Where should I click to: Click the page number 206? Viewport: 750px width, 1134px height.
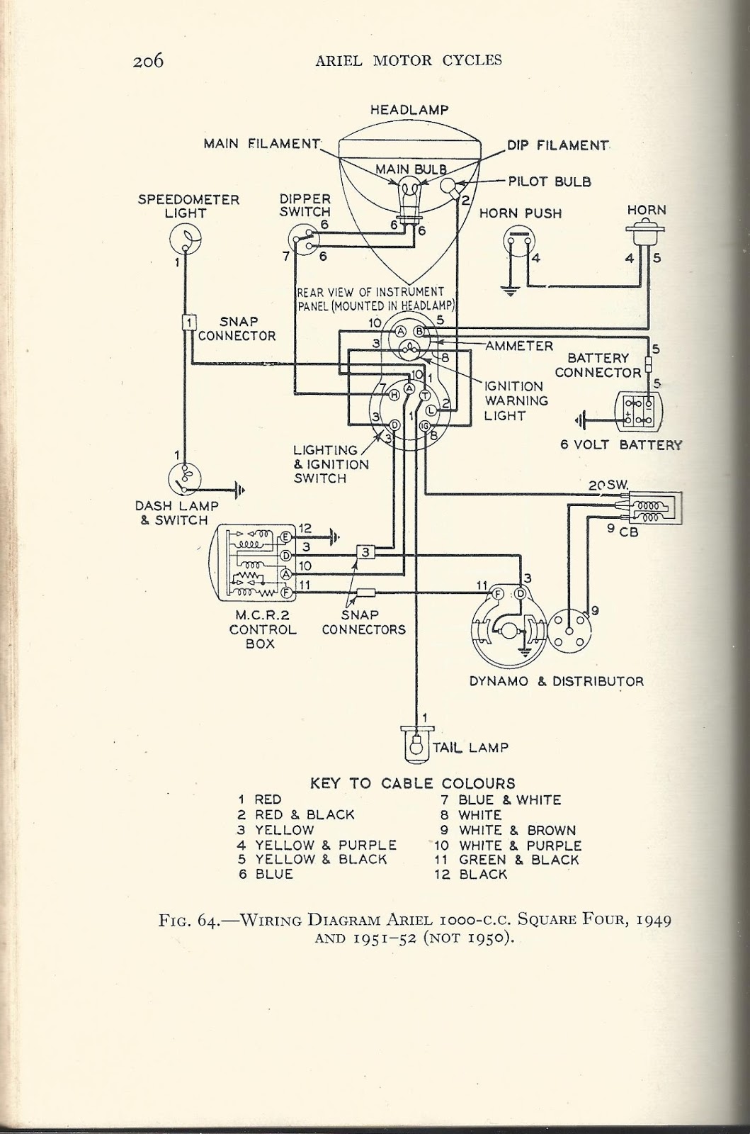(148, 61)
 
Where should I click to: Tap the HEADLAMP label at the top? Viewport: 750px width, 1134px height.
(409, 110)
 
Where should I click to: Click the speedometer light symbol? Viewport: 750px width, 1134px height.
(185, 238)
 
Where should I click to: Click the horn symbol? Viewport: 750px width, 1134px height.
(645, 232)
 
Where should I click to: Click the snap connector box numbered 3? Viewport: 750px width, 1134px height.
(365, 552)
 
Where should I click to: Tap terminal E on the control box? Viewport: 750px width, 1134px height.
(285, 537)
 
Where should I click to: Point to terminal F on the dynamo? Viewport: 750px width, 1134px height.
(498, 595)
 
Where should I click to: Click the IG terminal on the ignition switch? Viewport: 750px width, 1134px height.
(425, 425)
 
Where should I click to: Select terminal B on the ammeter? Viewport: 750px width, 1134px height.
(419, 332)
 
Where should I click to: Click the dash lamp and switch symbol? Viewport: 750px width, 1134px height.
(185, 478)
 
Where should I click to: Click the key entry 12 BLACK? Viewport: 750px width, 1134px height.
(470, 875)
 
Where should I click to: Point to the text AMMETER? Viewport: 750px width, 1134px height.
(519, 346)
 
